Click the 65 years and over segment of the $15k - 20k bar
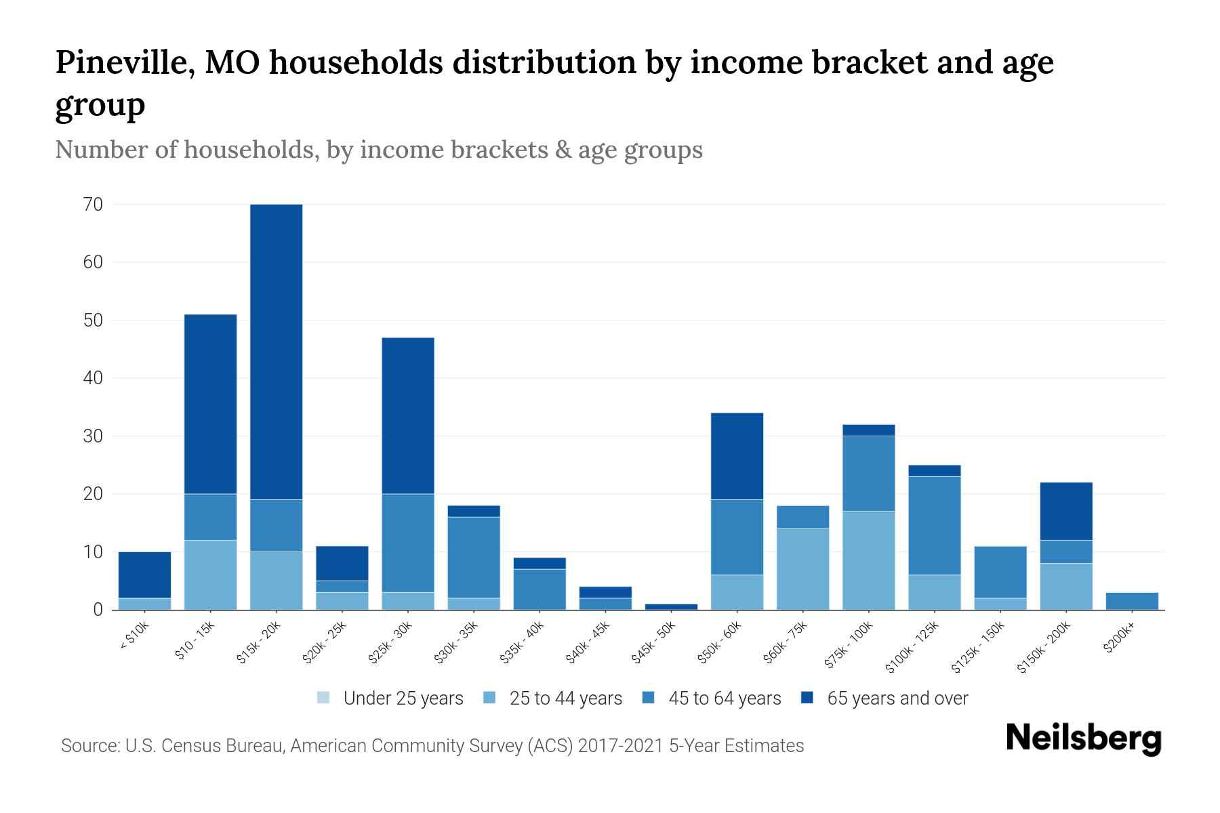[x=276, y=352]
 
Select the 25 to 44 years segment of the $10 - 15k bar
[x=210, y=575]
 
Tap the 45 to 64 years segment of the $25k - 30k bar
[x=408, y=543]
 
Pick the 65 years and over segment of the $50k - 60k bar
[x=737, y=456]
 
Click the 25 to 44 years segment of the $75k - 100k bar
[x=868, y=560]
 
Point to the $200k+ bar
[x=1132, y=601]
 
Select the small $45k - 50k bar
[x=671, y=606]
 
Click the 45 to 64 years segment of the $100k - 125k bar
[x=934, y=525]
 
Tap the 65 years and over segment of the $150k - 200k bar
[x=1066, y=511]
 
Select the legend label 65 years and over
[x=897, y=699]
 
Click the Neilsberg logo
[x=1083, y=738]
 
